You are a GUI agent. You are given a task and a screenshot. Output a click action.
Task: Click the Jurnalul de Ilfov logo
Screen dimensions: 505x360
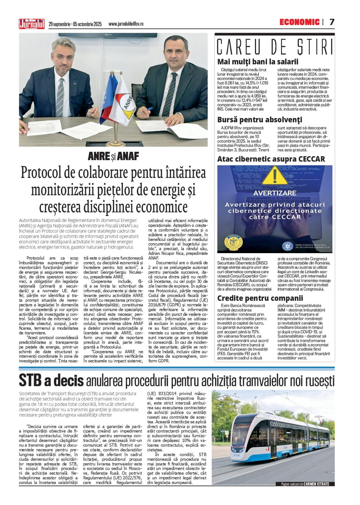tap(32, 24)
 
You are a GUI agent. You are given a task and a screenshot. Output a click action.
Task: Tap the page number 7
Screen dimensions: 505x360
tap(332, 22)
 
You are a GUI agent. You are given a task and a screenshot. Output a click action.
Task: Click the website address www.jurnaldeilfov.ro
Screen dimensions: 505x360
tap(126, 24)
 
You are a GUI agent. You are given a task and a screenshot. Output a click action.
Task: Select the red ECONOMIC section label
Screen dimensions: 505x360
tap(299, 22)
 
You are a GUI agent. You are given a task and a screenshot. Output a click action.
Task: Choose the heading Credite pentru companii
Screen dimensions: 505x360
tap(260, 298)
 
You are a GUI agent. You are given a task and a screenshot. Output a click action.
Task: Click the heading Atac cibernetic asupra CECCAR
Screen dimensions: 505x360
tap(271, 159)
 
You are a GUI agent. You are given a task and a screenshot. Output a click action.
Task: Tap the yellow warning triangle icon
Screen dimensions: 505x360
tap(275, 176)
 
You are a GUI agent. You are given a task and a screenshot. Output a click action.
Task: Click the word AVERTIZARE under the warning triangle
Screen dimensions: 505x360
tap(275, 193)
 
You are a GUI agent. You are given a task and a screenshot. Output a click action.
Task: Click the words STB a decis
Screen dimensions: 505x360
tap(51, 380)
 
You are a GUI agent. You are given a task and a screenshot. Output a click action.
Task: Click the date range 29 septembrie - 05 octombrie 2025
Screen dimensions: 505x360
tap(75, 24)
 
